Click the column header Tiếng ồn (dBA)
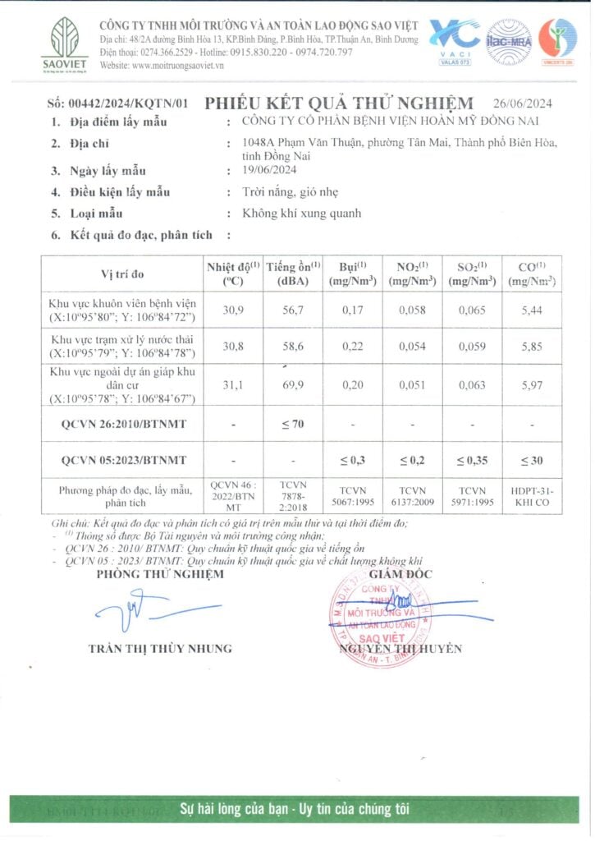tap(293, 273)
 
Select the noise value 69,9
tap(293, 386)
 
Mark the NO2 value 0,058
tap(412, 310)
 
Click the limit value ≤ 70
tap(293, 424)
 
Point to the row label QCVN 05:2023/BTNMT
tap(124, 461)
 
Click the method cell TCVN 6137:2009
tap(412, 496)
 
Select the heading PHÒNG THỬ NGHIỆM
tap(160, 574)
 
